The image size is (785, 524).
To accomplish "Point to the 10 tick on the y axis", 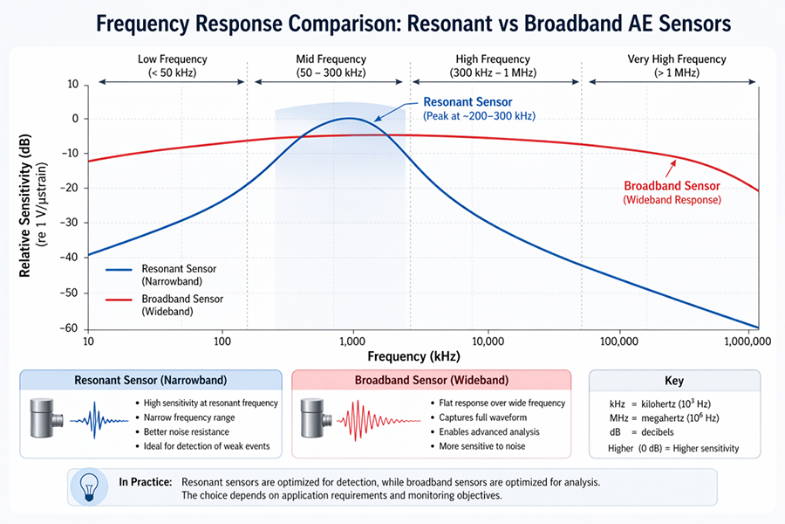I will pyautogui.click(x=72, y=85).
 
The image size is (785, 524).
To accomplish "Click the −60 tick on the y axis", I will pyautogui.click(x=69, y=328).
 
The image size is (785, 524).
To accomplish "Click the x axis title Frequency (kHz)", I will pyautogui.click(x=413, y=356).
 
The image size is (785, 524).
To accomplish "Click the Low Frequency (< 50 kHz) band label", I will pyautogui.click(x=172, y=65).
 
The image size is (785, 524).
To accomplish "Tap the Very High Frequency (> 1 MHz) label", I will pyautogui.click(x=676, y=65).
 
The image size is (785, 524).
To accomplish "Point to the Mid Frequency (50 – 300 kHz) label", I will pyautogui.click(x=331, y=65).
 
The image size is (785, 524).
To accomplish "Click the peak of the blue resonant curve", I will pyautogui.click(x=349, y=118).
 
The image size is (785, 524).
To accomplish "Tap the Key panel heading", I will pyautogui.click(x=673, y=381).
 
